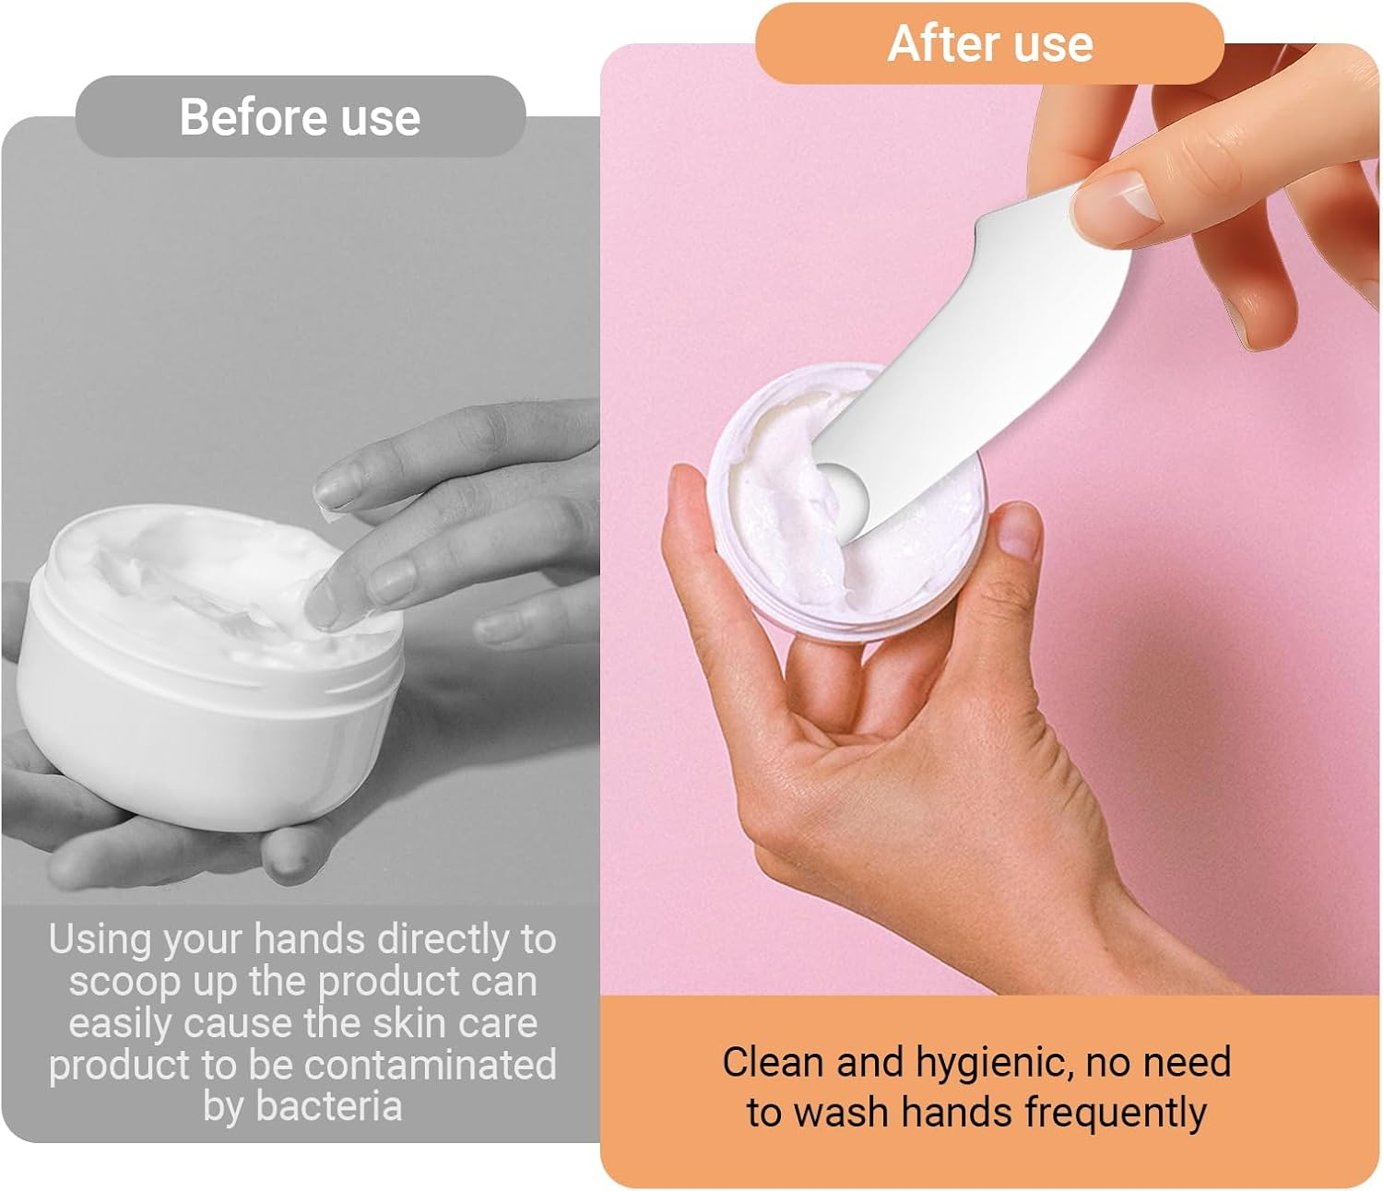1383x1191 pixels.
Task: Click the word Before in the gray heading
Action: (x=253, y=117)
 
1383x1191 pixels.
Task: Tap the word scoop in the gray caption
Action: (x=125, y=984)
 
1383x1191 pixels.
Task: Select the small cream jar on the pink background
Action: (x=846, y=501)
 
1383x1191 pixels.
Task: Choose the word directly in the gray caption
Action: (x=443, y=939)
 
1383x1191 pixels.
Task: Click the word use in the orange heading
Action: (x=1053, y=45)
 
